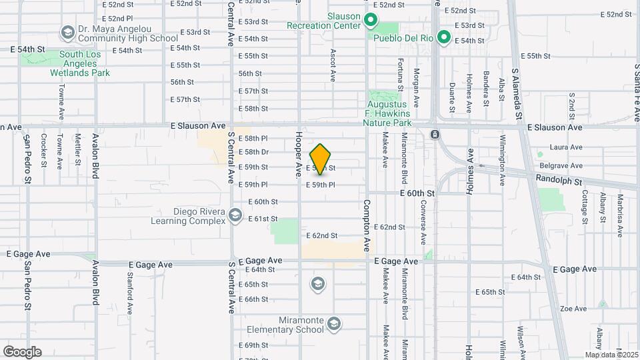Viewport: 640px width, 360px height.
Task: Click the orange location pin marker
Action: tap(321, 159)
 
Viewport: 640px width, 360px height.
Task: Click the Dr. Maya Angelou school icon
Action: tap(67, 32)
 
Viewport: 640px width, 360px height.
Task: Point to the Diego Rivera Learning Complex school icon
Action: tap(235, 215)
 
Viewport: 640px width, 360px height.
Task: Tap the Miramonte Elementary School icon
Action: tap(333, 324)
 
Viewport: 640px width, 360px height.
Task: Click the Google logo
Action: tap(22, 352)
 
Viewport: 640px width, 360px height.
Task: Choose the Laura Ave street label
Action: tap(567, 147)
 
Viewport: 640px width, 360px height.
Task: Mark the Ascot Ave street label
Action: tap(332, 65)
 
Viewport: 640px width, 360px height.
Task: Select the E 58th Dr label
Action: tap(253, 152)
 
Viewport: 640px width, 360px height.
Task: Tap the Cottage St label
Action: tap(584, 207)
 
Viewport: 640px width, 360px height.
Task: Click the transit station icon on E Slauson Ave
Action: tap(435, 134)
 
